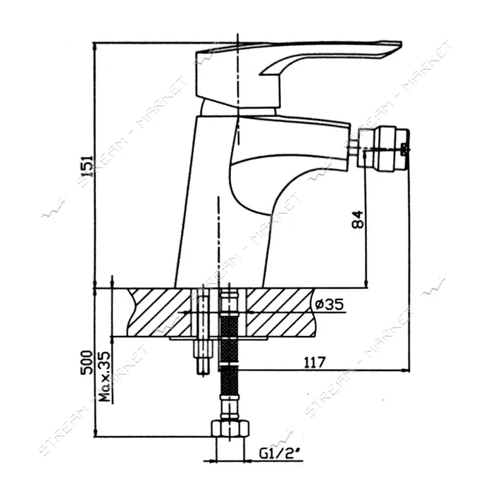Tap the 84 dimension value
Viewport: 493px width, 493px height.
point(357,219)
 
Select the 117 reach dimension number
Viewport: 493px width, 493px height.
point(314,363)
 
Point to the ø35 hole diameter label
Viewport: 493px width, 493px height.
point(329,304)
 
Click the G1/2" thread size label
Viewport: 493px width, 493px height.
point(279,454)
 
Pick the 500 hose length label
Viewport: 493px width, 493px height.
point(87,362)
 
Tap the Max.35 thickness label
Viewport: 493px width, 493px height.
point(105,377)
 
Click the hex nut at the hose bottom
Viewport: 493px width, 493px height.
point(230,428)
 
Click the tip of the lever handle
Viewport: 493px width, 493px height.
point(401,44)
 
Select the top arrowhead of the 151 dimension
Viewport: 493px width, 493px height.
point(95,46)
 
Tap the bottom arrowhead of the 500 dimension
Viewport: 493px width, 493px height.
point(95,432)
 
